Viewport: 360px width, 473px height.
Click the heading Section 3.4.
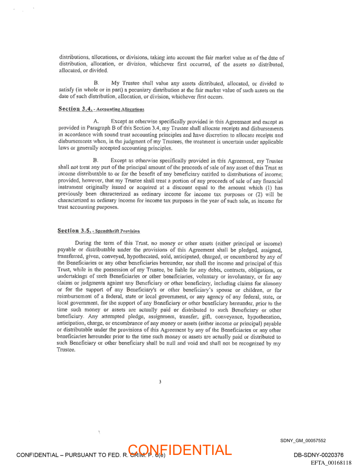(x=74, y=108)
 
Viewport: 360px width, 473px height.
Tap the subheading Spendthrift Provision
(x=118, y=231)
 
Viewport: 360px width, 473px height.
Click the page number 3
(x=160, y=382)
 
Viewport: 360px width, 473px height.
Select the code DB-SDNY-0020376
(x=319, y=455)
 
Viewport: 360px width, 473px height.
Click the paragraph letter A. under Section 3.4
(x=96, y=121)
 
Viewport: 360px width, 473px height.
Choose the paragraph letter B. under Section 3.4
(x=96, y=161)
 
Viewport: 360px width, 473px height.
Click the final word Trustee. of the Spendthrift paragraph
(x=67, y=350)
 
